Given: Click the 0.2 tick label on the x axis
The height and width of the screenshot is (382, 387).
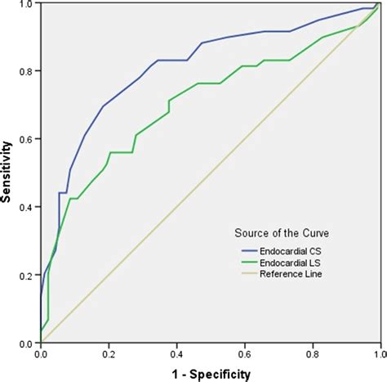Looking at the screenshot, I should click(109, 354).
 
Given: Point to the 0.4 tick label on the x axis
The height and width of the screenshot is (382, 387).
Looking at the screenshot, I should click(176, 354).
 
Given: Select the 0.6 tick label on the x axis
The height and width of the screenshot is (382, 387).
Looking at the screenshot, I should click(244, 354).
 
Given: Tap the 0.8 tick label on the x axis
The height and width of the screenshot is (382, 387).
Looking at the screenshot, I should click(312, 354).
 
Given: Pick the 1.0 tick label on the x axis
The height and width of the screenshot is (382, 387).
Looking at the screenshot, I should click(378, 354).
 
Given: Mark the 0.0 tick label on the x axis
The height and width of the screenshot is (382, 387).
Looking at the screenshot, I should click(41, 354).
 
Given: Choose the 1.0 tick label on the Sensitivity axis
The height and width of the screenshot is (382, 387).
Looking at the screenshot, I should click(28, 5).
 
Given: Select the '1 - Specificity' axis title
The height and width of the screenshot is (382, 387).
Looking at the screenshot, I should click(211, 372).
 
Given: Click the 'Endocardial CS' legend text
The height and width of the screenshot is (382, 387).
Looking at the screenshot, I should click(289, 250).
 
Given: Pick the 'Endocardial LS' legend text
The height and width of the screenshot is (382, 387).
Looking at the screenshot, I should click(289, 263).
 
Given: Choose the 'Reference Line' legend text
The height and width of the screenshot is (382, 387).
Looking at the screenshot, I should click(289, 275).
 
